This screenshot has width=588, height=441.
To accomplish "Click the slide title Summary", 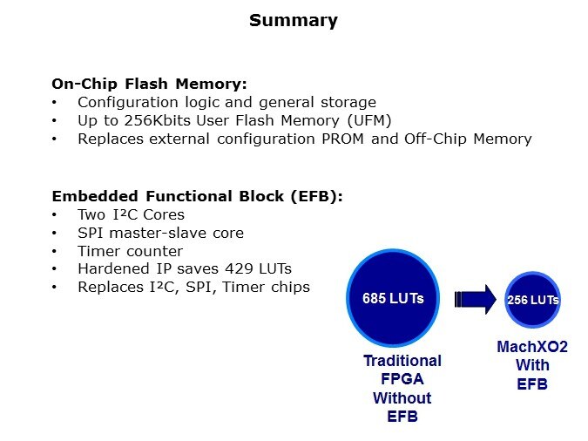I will coord(294,20).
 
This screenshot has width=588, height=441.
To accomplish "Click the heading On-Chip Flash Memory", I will coord(149,84).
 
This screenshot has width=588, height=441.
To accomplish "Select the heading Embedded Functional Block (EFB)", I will coord(197,196).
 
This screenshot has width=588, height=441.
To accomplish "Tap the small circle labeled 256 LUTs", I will coord(532,300).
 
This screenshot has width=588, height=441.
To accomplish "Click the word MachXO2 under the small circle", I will coord(531,347).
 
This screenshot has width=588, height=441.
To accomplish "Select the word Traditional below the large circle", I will coord(402,361).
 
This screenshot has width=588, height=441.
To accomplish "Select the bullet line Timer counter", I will coord(131,251).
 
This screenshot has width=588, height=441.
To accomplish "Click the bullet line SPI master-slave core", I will coord(160,233).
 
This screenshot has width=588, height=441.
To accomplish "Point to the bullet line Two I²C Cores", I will coord(131,214).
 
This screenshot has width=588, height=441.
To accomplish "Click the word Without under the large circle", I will coord(402,398).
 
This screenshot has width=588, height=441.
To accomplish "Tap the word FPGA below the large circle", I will coord(402,380).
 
